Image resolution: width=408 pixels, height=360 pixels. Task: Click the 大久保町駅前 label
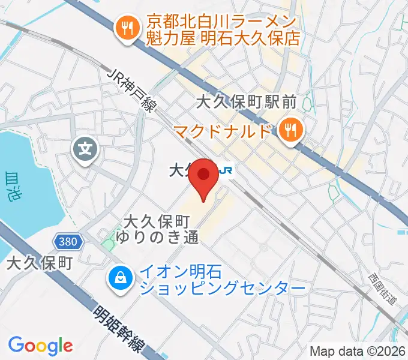[x=247, y=103]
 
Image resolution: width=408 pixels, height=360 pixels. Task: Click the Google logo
[x=40, y=345]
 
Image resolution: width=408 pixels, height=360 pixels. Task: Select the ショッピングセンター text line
[x=222, y=289]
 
